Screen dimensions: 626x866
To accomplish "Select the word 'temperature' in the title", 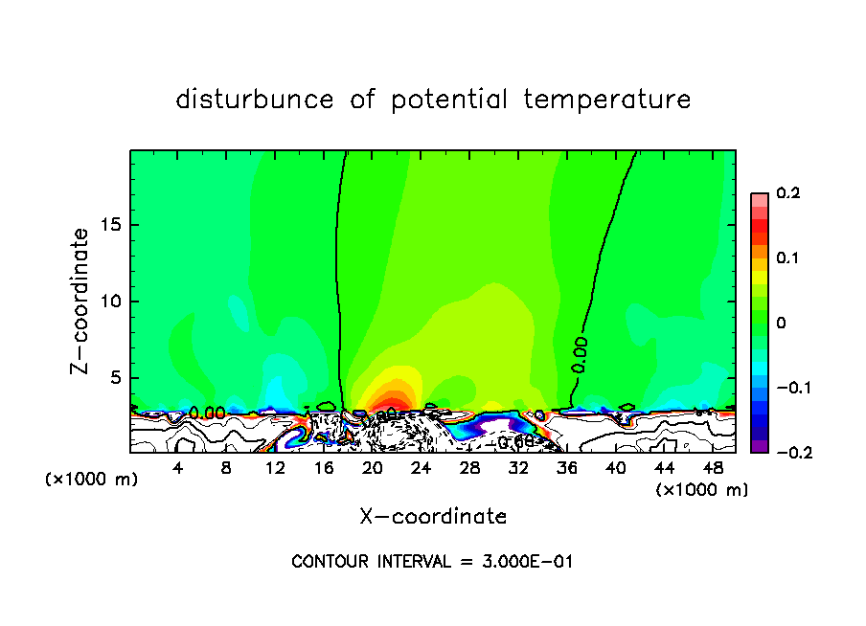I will coord(606,100).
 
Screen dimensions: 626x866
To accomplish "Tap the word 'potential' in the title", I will coord(449,100).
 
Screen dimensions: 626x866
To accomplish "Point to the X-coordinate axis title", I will coord(433,517).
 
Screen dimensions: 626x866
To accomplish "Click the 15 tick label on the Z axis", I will coord(112,225).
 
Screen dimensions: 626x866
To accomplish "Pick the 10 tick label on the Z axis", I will coord(112,302).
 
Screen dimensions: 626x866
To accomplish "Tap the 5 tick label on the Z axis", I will coord(117,378).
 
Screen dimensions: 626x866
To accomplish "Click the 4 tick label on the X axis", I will coord(177,468).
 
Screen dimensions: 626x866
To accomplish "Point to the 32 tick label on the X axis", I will coord(518,468).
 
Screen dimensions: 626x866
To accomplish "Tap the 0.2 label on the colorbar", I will coord(787,193).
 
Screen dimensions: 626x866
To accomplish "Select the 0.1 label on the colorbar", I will coord(787,257).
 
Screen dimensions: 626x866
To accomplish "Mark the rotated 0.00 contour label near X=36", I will coord(581,355).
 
